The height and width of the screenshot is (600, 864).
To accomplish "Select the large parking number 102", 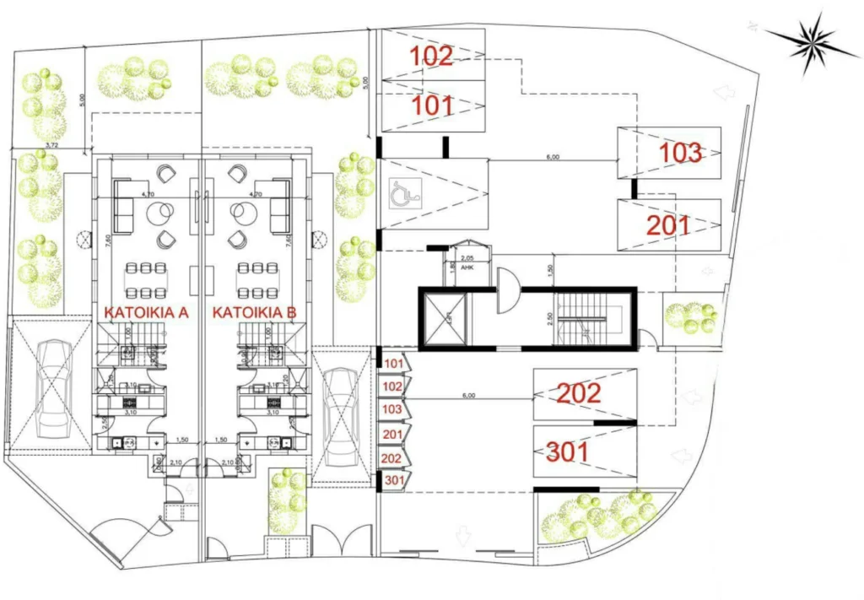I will click(x=432, y=56).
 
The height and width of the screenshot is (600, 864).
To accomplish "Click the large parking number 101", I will click(x=432, y=106).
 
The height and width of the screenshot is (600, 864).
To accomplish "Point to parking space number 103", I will click(x=680, y=153).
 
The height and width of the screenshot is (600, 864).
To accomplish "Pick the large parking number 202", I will click(x=579, y=392).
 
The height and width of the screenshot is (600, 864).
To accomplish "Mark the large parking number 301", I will click(x=579, y=452).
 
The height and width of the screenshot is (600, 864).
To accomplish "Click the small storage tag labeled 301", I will click(x=394, y=480).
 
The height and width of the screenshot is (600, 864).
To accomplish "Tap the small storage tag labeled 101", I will click(x=393, y=364).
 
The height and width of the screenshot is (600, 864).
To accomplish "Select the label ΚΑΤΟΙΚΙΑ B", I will click(x=254, y=313).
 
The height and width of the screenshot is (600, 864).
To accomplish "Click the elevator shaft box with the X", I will click(x=444, y=318).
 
